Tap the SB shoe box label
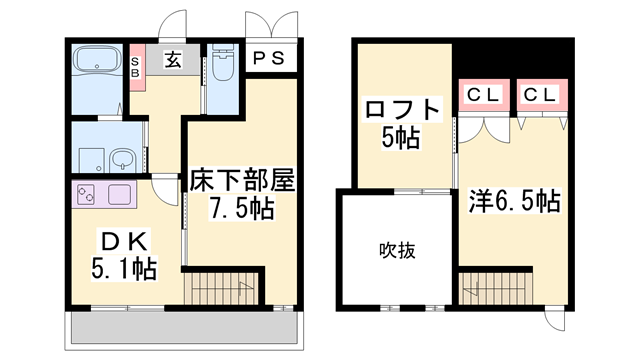click(136, 66)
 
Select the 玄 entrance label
click(173, 61)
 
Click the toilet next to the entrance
click(223, 63)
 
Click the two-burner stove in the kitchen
click(83, 193)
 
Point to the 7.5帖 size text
click(240, 210)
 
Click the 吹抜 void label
click(396, 249)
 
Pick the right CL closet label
click(540, 96)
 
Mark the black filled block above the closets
click(511, 61)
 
